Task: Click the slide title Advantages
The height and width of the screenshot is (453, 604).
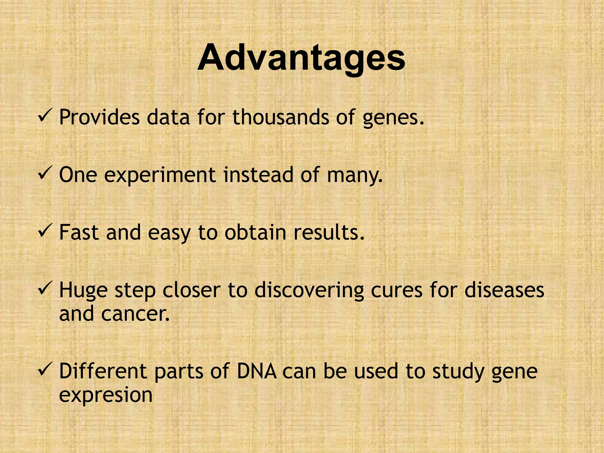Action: pos(301,58)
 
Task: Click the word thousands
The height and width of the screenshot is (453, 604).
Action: pos(280,117)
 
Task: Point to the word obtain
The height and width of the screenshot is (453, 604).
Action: pos(255,233)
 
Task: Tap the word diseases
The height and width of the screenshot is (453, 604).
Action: pos(504,290)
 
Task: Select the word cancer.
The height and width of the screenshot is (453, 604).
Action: pos(135,314)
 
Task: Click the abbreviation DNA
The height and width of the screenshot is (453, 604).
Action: pos(257,371)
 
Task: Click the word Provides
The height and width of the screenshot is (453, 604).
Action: pos(99,117)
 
